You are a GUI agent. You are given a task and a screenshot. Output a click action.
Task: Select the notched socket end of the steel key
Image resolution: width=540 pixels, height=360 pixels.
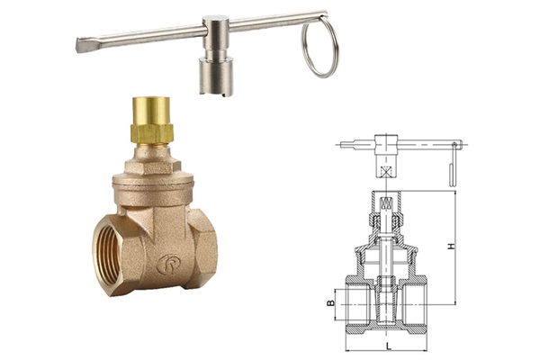[x=216, y=76]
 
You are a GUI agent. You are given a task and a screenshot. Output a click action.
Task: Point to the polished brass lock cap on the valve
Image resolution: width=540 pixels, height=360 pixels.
[x=151, y=110]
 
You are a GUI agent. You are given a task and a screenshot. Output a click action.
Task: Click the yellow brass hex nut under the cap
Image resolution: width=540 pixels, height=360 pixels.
[x=151, y=133]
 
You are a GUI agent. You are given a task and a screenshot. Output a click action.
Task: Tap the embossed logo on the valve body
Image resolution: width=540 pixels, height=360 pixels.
[x=168, y=265]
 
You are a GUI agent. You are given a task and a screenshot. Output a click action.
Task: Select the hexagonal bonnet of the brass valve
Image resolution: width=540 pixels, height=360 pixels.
[x=153, y=166]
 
